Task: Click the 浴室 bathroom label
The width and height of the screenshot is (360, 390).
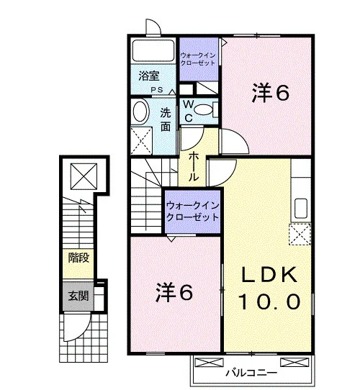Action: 149,76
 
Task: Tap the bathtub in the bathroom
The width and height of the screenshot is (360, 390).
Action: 153,50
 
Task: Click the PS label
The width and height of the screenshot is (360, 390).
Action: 157,90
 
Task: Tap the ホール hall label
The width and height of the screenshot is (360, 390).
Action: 194,167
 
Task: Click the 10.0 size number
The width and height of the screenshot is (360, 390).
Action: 269,301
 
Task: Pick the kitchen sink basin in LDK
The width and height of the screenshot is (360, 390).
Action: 300,208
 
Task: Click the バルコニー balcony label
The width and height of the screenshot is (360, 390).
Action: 251,373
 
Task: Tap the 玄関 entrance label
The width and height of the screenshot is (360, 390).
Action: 78,296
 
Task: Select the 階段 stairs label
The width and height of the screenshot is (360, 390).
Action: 78,258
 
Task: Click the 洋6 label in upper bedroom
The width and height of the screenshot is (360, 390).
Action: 271,94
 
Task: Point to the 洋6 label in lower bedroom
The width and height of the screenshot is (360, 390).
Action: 174,293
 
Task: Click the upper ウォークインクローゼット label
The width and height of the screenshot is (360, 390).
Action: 198,59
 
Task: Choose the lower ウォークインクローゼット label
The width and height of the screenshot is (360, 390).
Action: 192,212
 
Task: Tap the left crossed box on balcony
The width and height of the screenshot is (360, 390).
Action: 209,362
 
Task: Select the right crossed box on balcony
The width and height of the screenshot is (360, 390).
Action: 294,362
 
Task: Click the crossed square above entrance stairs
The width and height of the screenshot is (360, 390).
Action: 84,176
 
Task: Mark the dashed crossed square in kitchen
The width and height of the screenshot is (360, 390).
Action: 300,235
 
